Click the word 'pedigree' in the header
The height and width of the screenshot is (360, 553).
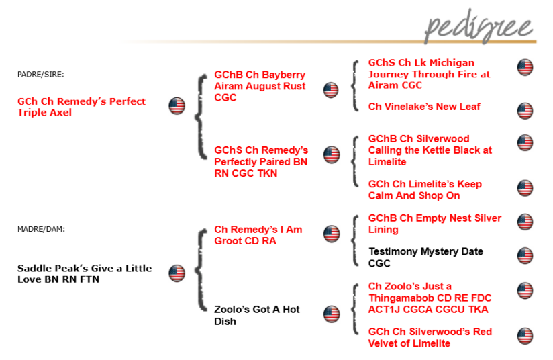(x=479, y=28)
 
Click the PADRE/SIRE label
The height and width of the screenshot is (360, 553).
(x=40, y=74)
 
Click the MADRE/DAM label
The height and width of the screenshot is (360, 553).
(x=41, y=229)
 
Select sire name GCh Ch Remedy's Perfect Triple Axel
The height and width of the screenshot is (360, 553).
(x=81, y=107)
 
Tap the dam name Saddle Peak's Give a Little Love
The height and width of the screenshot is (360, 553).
(x=84, y=273)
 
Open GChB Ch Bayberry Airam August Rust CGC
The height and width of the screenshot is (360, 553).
(x=260, y=86)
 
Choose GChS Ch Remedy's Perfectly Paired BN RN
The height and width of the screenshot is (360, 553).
(x=261, y=162)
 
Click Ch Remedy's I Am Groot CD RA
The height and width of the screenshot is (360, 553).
(x=258, y=235)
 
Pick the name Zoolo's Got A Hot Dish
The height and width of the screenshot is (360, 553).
(x=256, y=315)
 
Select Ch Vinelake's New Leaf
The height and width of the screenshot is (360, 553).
(x=424, y=107)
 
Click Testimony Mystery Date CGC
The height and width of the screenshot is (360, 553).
(x=425, y=257)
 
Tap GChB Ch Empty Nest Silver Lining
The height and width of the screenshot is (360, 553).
(x=434, y=224)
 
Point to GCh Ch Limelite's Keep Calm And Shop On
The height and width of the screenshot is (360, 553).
(x=425, y=189)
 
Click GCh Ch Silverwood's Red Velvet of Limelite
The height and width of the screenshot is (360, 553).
(x=430, y=337)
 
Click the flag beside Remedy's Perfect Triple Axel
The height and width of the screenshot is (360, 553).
(x=177, y=106)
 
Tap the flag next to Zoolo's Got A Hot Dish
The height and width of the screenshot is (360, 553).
(x=332, y=314)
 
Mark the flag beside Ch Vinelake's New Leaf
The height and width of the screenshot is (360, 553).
(x=525, y=111)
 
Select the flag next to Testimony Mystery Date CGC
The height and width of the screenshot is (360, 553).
(x=525, y=255)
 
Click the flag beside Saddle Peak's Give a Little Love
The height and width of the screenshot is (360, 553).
(x=177, y=273)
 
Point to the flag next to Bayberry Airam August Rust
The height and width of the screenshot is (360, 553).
(x=331, y=90)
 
